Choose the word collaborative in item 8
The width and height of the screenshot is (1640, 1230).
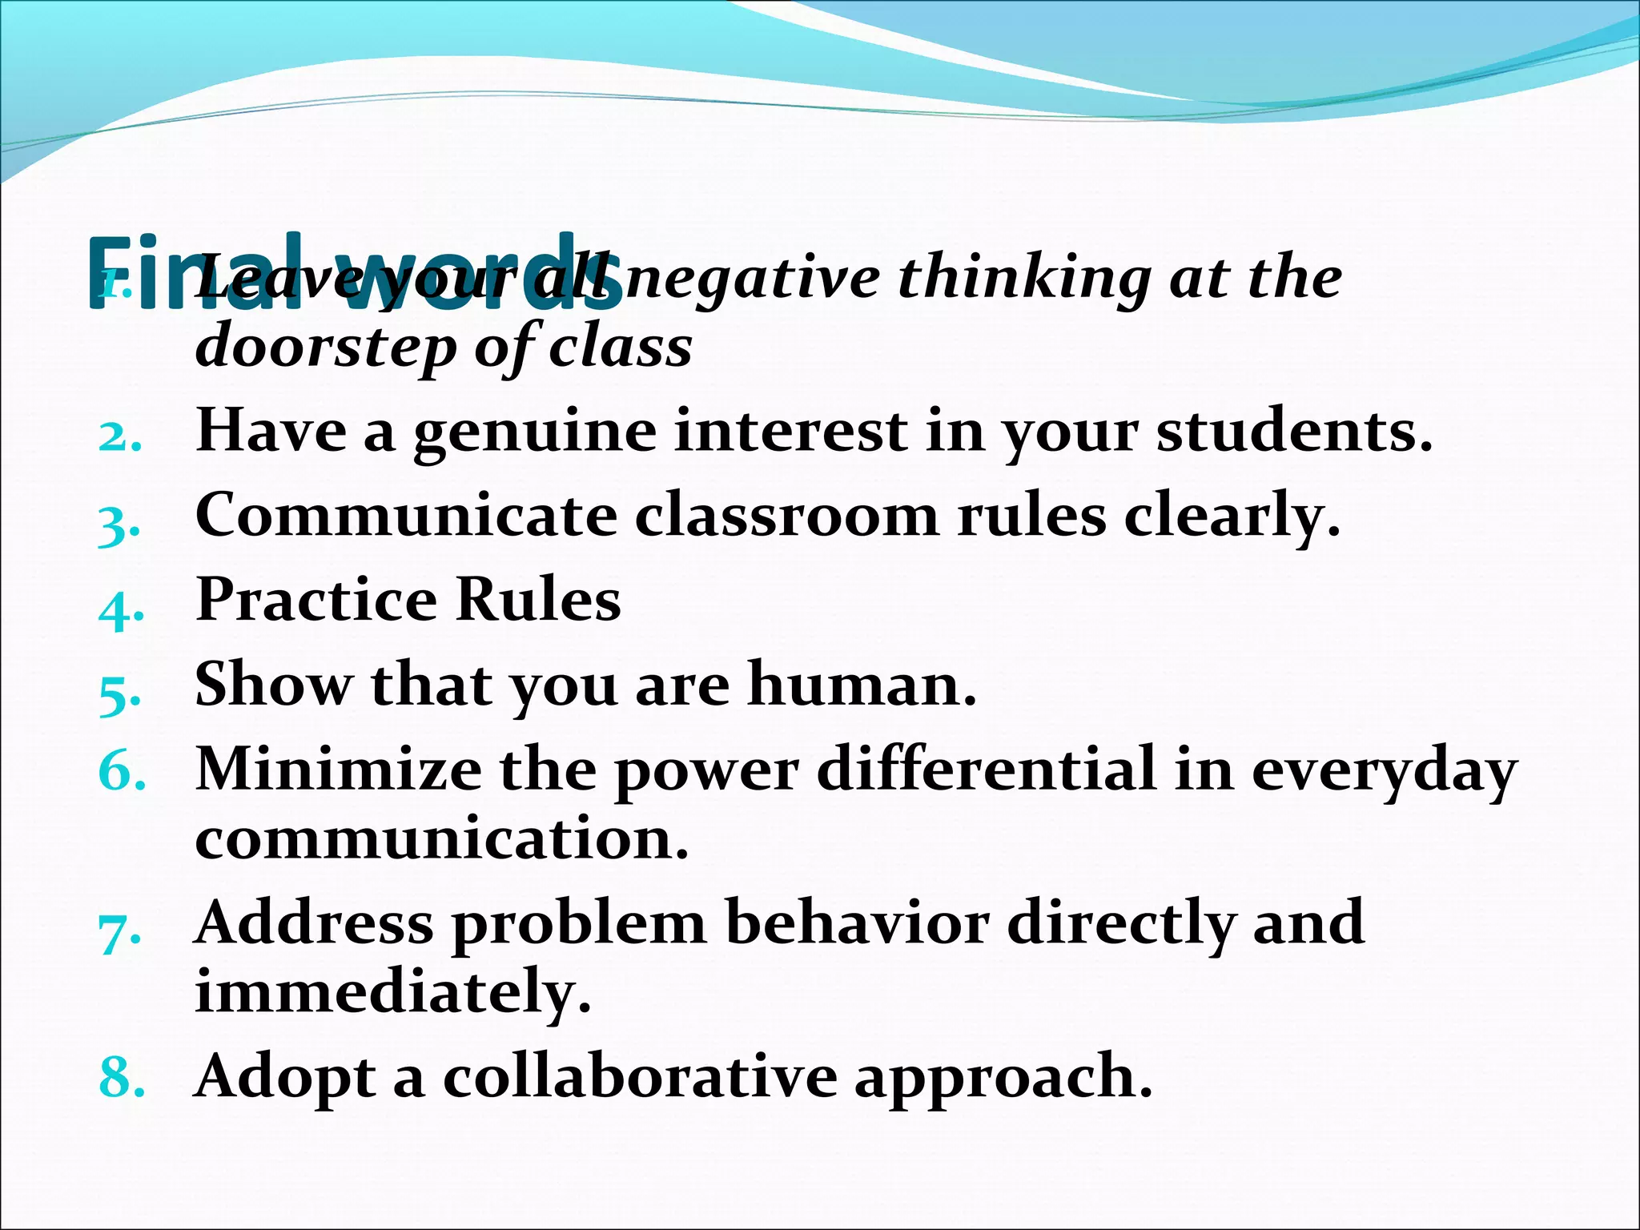click(640, 1076)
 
